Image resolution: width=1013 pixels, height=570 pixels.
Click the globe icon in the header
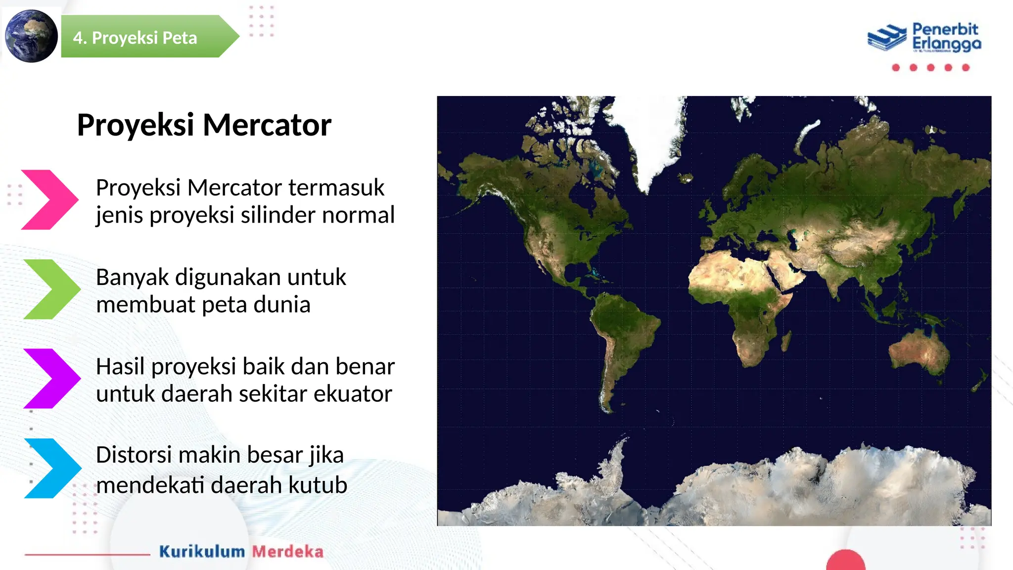tap(31, 36)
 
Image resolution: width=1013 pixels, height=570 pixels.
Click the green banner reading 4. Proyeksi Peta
tap(143, 37)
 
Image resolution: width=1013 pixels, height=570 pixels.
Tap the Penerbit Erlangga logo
tap(924, 37)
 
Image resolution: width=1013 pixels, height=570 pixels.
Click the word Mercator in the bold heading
tap(267, 125)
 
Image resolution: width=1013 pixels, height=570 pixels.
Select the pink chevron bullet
tap(49, 199)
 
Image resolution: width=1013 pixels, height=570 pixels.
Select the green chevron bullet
tap(51, 289)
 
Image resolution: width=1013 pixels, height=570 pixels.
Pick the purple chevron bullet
tap(51, 379)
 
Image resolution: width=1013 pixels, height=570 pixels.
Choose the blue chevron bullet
tap(52, 468)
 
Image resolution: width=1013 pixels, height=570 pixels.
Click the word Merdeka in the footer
tap(287, 552)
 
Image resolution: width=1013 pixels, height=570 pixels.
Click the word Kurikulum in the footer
tap(202, 552)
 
